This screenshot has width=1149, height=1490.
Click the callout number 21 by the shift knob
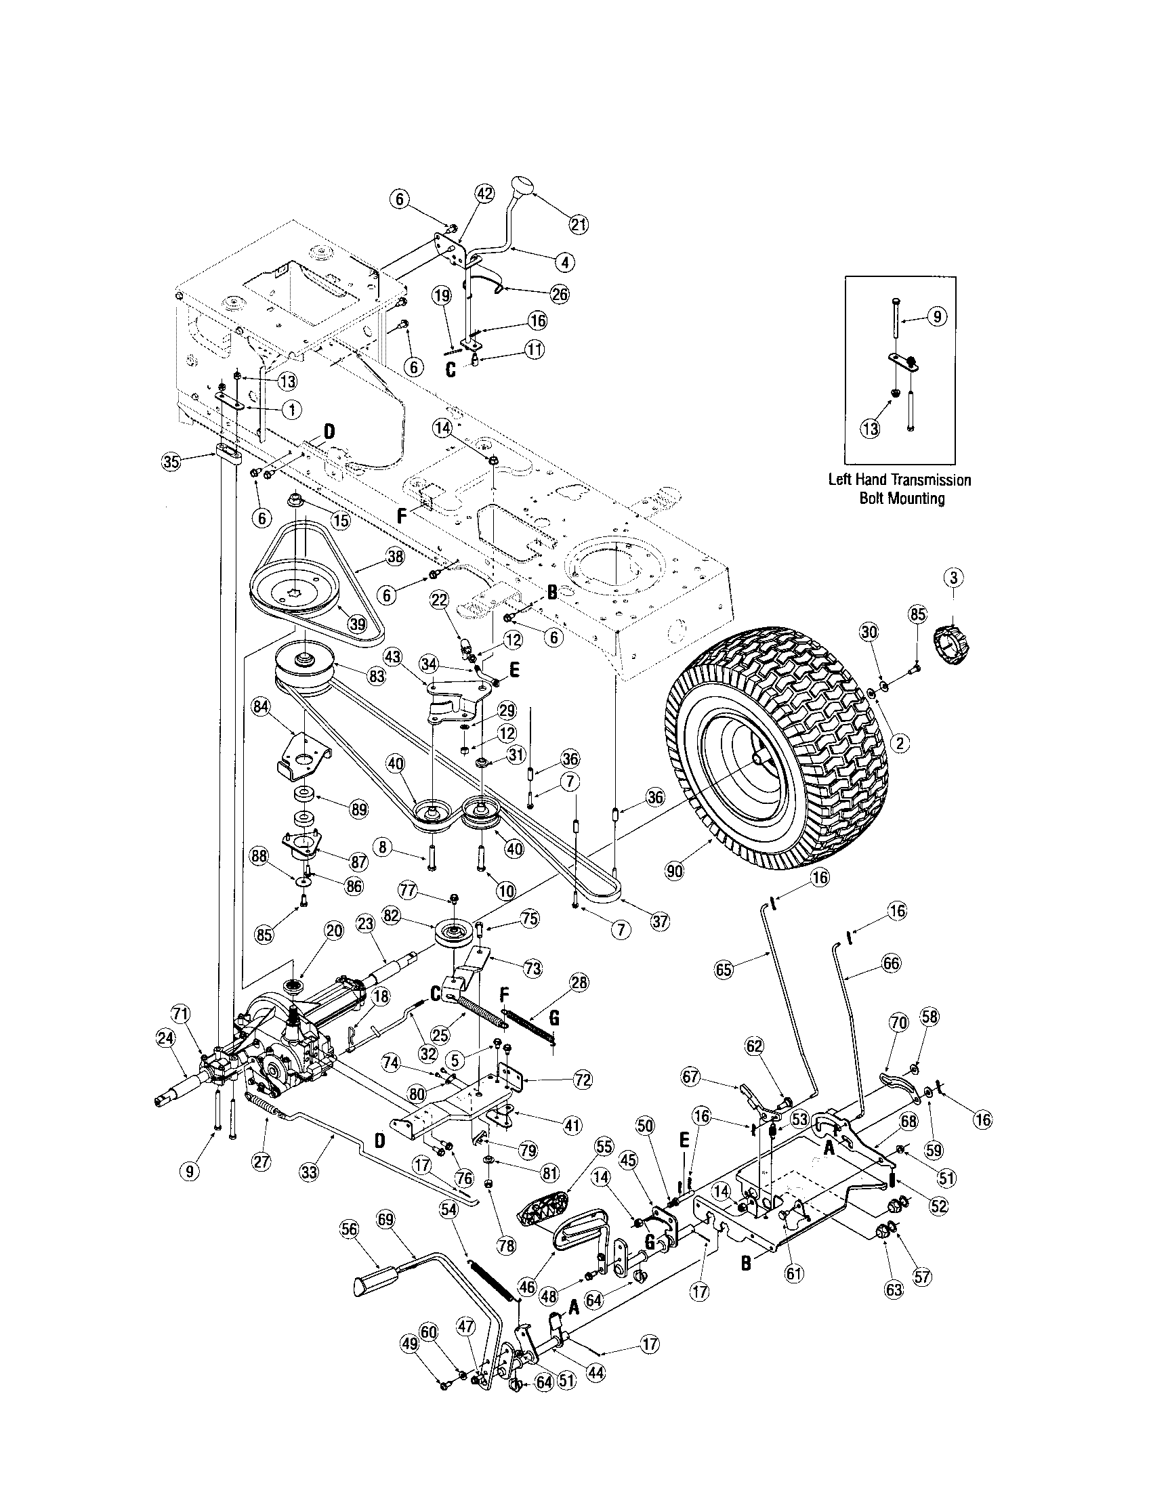[x=579, y=224]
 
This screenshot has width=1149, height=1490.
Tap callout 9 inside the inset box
[x=940, y=316]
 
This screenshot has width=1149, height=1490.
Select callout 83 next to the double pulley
[x=377, y=676]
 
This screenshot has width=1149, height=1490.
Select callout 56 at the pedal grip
[x=350, y=1229]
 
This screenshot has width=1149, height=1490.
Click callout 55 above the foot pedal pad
[x=604, y=1147]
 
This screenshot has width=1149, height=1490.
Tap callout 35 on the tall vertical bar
[x=171, y=462]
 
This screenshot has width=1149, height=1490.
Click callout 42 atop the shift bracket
[x=484, y=194]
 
